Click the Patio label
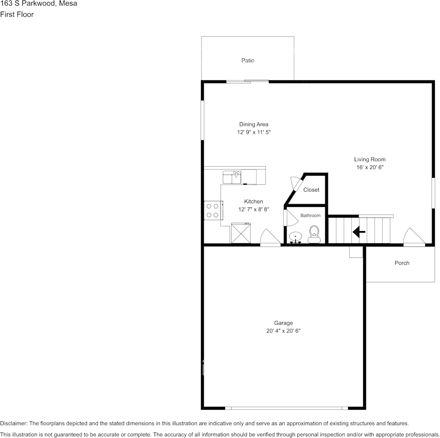pyautogui.click(x=248, y=61)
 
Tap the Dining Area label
pyautogui.click(x=253, y=124)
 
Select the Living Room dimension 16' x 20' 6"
pyautogui.click(x=370, y=167)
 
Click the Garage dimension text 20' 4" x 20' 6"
pyautogui.click(x=283, y=331)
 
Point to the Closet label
pyautogui.click(x=311, y=190)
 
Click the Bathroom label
pyautogui.click(x=310, y=216)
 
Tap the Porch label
pyautogui.click(x=402, y=263)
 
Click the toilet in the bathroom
pyautogui.click(x=314, y=234)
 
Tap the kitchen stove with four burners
pyautogui.click(x=213, y=210)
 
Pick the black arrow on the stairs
pyautogui.click(x=359, y=232)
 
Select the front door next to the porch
pyautogui.click(x=414, y=237)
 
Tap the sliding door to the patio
pyautogui.click(x=247, y=82)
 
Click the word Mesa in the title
pyautogui.click(x=68, y=4)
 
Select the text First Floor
pyautogui.click(x=17, y=14)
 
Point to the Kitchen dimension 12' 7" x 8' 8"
pyautogui.click(x=253, y=209)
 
